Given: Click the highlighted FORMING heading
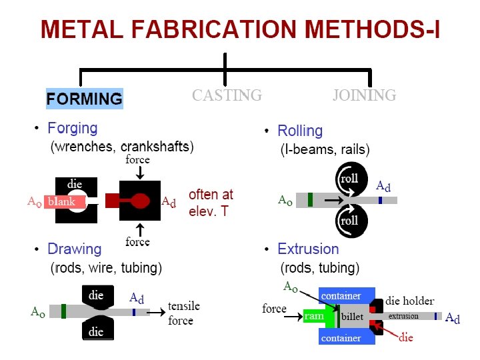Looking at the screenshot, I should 84,99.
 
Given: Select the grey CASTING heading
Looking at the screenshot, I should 227,95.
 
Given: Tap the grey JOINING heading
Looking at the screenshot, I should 364,95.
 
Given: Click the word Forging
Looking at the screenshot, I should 72,128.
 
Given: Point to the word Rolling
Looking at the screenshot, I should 300,131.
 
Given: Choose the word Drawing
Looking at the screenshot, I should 74,249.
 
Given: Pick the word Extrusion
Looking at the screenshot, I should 308,249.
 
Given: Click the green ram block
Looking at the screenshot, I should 315,317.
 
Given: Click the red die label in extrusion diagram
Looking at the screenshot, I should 405,337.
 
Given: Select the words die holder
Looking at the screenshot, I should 409,301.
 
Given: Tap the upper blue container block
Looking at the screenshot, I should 341,295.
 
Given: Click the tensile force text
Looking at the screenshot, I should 183,313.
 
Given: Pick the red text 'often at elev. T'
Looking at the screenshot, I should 211,201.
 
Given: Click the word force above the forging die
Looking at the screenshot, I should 137,160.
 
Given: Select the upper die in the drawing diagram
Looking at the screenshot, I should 96,295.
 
